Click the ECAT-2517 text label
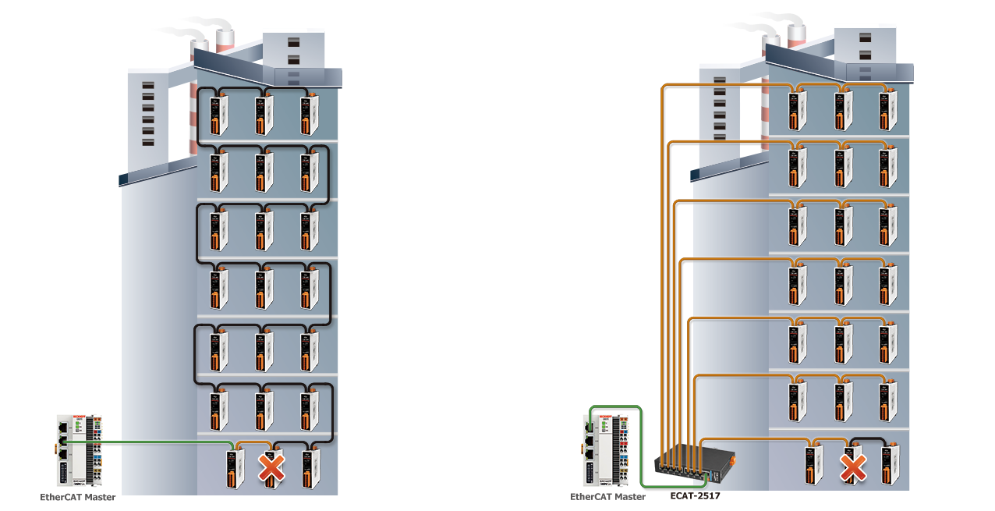tap(695, 495)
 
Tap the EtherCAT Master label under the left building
tap(78, 497)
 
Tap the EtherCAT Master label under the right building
tap(607, 497)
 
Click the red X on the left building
tap(271, 468)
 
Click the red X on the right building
tap(853, 467)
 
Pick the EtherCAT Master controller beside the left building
tap(80, 451)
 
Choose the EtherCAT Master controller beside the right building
tap(606, 451)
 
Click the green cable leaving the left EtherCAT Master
tap(147, 442)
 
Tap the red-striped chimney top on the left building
tap(225, 41)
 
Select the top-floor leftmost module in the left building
tap(218, 115)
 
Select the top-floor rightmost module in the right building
tap(887, 111)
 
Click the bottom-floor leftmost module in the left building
tap(235, 469)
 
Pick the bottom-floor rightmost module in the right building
tap(891, 465)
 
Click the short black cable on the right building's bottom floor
tap(869, 439)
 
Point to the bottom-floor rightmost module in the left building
tap(310, 469)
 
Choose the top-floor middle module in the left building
tap(264, 115)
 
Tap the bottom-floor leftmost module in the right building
tap(814, 465)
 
